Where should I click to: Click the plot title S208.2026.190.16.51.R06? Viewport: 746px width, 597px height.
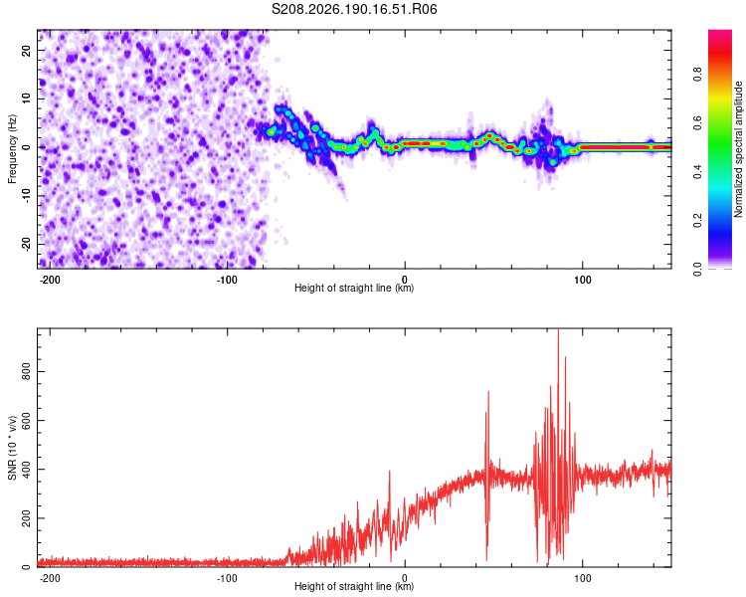pyautogui.click(x=354, y=9)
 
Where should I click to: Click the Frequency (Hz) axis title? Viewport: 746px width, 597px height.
pyautogui.click(x=12, y=149)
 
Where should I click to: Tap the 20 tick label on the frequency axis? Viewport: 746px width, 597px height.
pyautogui.click(x=26, y=51)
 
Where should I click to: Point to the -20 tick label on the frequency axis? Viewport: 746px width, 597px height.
pyautogui.click(x=26, y=244)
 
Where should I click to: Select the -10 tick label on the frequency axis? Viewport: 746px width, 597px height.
pyautogui.click(x=26, y=196)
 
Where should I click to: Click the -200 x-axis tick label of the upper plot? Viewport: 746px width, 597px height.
pyautogui.click(x=50, y=280)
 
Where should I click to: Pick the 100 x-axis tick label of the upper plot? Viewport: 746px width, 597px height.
pyautogui.click(x=582, y=280)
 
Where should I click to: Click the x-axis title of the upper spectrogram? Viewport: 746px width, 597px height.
pyautogui.click(x=354, y=288)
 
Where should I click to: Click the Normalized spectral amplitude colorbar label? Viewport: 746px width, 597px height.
pyautogui.click(x=738, y=149)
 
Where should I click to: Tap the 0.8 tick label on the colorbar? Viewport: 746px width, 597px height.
pyautogui.click(x=697, y=75)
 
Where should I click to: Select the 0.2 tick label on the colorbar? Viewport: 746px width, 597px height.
pyautogui.click(x=697, y=221)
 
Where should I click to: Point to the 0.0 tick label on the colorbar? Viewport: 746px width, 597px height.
pyautogui.click(x=697, y=269)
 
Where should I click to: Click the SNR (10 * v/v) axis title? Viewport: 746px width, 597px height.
pyautogui.click(x=12, y=448)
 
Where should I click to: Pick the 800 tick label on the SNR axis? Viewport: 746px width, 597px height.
pyautogui.click(x=26, y=371)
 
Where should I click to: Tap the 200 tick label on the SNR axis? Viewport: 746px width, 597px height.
pyautogui.click(x=26, y=518)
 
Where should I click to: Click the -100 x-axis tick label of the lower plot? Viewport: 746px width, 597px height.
pyautogui.click(x=227, y=578)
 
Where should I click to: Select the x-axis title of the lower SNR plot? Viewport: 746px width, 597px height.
pyautogui.click(x=354, y=586)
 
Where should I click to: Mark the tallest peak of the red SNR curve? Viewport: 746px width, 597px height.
pyautogui.click(x=559, y=329)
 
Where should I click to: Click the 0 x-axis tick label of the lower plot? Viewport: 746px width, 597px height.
pyautogui.click(x=405, y=578)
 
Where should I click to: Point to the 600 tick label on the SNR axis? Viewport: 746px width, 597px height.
pyautogui.click(x=26, y=420)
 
